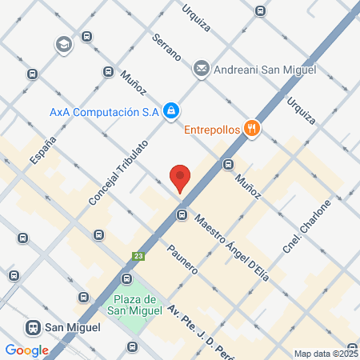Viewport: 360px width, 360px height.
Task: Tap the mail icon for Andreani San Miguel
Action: [201, 69]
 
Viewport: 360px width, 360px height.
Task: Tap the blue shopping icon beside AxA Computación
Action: [170, 111]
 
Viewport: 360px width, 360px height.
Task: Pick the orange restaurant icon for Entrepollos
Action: [252, 128]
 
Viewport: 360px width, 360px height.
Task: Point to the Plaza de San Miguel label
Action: [134, 304]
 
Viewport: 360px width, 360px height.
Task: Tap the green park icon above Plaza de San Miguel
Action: [126, 278]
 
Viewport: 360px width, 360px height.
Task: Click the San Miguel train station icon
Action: [34, 327]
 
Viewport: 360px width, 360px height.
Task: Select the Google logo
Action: [26, 350]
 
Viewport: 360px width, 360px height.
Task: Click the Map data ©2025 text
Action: [326, 353]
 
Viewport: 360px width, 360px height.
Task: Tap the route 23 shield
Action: [138, 256]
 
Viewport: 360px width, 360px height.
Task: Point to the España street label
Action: [43, 150]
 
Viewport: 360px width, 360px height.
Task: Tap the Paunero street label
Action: [182, 258]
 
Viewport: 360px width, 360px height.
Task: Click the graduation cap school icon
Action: [62, 45]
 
